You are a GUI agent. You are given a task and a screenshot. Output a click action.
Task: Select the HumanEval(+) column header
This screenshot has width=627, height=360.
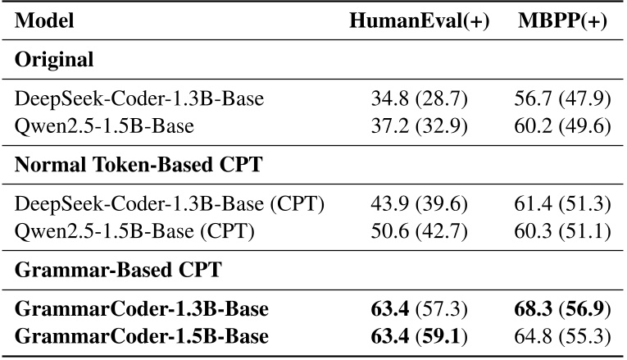[419, 22]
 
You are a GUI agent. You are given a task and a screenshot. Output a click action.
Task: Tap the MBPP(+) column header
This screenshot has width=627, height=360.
[562, 22]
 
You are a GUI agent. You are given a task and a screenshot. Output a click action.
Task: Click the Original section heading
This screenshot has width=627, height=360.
[54, 60]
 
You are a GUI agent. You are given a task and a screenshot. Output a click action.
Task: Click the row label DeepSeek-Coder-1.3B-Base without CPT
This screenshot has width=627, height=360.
[139, 100]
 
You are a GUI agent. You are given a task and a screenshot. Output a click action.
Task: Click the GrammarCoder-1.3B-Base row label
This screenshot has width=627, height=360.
[142, 310]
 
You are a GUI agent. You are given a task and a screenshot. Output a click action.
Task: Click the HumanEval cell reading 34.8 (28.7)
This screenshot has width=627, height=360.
[419, 100]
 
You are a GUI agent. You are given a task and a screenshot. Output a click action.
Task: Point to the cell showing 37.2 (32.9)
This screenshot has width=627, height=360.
[419, 124]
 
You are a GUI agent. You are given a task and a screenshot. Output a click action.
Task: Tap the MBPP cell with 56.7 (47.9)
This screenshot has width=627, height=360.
[562, 100]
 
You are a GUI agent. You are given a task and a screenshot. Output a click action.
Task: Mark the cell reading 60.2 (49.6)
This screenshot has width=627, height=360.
[562, 124]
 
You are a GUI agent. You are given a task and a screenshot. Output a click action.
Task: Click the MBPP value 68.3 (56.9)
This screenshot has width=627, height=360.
[562, 310]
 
